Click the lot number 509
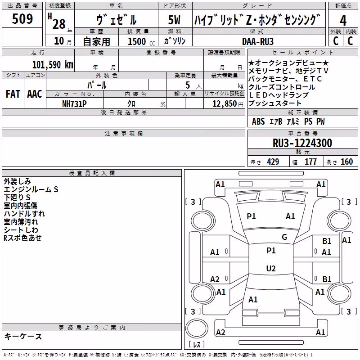coord(22,19)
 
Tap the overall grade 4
coord(343,21)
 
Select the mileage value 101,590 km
coord(53,65)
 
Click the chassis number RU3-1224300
coord(302,143)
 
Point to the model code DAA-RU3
coord(257,41)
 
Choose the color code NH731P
coord(74,104)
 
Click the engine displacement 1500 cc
coord(141,41)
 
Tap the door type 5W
coord(174,20)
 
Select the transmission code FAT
coord(13,94)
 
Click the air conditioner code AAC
coord(35,94)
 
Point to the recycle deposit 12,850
coord(225,104)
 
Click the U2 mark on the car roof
coord(271,268)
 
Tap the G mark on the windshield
coord(284,237)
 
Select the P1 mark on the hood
coord(251,216)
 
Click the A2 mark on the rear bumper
coord(220,332)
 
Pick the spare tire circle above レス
coord(197,329)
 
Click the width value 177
coord(310,162)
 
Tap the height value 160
coord(346,162)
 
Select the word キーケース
coord(23,337)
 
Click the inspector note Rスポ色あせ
coord(22,238)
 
